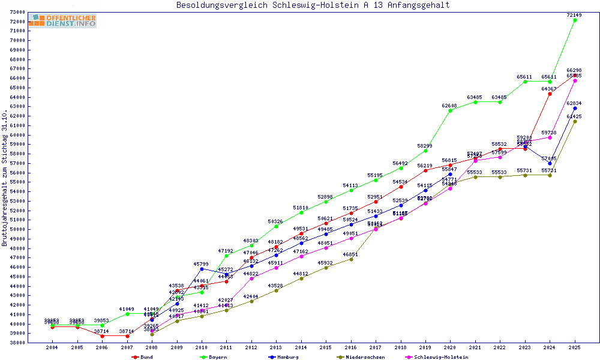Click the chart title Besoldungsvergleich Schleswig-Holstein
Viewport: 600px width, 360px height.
313,5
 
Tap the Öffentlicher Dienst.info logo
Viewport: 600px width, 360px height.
62,21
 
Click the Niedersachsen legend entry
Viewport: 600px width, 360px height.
360,357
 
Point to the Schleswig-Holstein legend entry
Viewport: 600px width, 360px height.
441,357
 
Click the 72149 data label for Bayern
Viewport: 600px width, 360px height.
575,14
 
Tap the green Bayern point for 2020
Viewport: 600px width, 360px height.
450,110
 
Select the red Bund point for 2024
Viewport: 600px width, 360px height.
550,94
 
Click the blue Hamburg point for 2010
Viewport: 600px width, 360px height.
202,269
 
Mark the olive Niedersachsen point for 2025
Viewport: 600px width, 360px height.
575,121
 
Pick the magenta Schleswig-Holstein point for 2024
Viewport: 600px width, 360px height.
550,137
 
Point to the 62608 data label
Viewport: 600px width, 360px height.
450,106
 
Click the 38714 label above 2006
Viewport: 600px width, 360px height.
102,331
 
